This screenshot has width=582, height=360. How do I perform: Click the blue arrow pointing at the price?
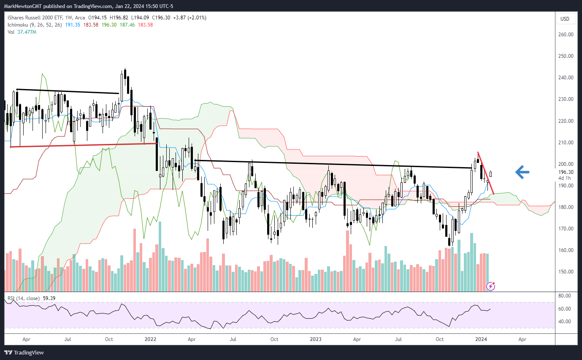pyautogui.click(x=522, y=172)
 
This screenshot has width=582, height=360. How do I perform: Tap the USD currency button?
pyautogui.click(x=565, y=19)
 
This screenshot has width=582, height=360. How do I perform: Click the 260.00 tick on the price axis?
pyautogui.click(x=565, y=35)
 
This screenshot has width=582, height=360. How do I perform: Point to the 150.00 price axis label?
pyautogui.click(x=565, y=272)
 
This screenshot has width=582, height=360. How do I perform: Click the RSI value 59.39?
pyautogui.click(x=49, y=298)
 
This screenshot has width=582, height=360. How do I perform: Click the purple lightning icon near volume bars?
pyautogui.click(x=491, y=286)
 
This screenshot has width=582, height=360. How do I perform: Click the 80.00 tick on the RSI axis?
pyautogui.click(x=565, y=296)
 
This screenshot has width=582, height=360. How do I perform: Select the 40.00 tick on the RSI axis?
pyautogui.click(x=565, y=321)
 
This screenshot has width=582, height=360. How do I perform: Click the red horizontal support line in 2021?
pyautogui.click(x=84, y=145)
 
